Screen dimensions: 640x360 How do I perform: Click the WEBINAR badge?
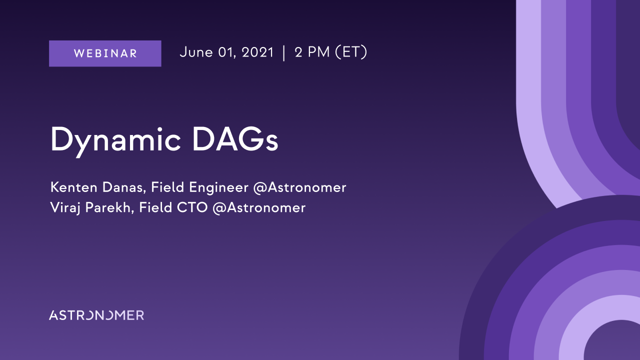point(105,53)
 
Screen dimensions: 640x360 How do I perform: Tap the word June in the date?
point(196,52)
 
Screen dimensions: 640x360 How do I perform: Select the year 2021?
point(257,52)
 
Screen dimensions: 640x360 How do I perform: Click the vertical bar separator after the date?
point(283,53)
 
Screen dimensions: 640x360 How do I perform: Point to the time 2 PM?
point(312,52)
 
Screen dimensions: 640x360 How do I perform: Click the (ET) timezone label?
point(351,52)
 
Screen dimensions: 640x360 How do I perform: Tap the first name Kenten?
point(74,187)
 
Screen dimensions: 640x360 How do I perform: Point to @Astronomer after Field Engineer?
point(299,187)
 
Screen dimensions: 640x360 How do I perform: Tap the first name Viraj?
point(65,207)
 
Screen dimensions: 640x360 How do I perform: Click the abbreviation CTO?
point(192,207)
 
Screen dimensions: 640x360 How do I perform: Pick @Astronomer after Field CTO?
point(259,207)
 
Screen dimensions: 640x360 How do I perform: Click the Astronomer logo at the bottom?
point(96,315)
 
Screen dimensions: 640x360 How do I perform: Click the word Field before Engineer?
point(167,187)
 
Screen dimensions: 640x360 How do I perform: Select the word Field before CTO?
point(155,207)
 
